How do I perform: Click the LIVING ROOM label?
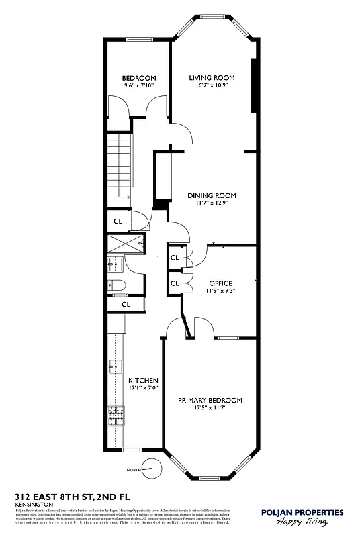click(x=212, y=78)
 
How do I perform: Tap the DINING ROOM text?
click(x=212, y=195)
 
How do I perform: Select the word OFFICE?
click(x=220, y=283)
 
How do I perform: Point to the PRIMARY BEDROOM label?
click(x=210, y=400)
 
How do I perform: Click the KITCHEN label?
click(x=143, y=381)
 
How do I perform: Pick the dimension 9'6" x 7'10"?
click(x=139, y=86)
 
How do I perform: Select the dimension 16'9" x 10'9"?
click(x=212, y=86)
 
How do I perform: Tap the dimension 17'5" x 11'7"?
click(x=210, y=408)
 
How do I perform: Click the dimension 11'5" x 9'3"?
click(x=220, y=291)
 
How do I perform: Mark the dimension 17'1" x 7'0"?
click(x=143, y=388)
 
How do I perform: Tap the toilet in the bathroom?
click(x=116, y=286)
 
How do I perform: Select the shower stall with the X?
click(x=125, y=244)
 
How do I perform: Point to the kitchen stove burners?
click(x=113, y=417)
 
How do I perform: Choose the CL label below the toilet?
click(x=126, y=304)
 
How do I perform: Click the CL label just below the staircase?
click(x=118, y=221)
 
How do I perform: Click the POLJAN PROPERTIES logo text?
click(x=302, y=512)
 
